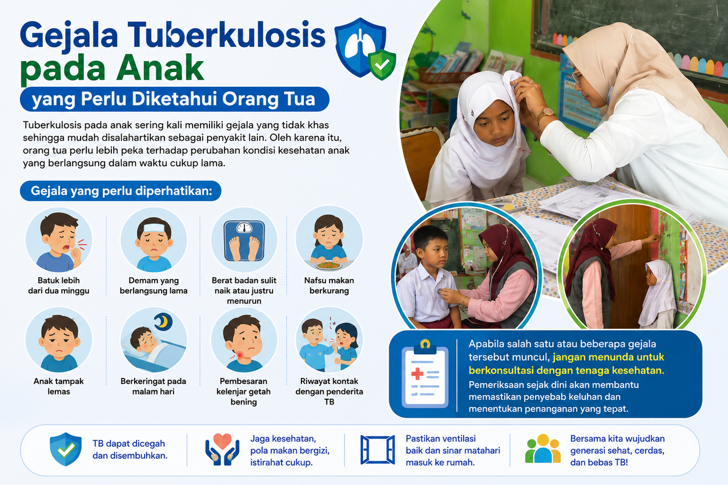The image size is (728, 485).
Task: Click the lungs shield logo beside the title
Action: (x=365, y=48)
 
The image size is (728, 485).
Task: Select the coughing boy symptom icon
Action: (x=58, y=240)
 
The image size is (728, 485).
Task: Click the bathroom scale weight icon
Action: (x=244, y=241)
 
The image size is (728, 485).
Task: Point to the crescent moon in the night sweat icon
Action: (x=163, y=321)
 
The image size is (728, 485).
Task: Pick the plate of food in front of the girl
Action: (x=329, y=265)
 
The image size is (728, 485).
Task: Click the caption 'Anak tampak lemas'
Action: (x=58, y=386)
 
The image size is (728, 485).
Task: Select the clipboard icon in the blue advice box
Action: (x=425, y=375)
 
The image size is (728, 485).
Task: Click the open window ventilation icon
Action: (x=377, y=450)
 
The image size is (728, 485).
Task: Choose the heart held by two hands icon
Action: (x=222, y=449)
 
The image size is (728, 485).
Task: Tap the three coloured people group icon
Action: (x=543, y=448)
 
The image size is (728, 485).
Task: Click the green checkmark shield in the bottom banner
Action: (x=66, y=449)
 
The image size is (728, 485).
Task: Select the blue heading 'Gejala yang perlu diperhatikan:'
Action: (x=121, y=191)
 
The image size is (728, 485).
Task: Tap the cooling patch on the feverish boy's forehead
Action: (x=154, y=227)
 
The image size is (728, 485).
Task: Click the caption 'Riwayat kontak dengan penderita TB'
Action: (x=329, y=391)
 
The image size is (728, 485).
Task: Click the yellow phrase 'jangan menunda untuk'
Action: (x=609, y=357)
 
